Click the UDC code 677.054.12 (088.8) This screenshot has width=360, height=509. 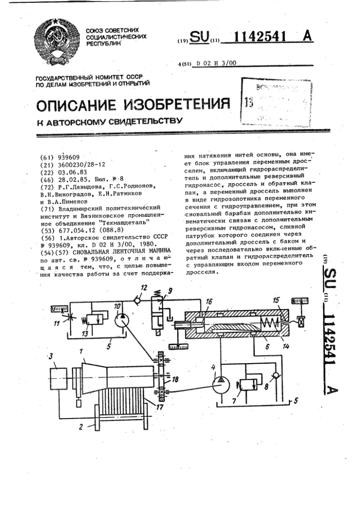(88, 227)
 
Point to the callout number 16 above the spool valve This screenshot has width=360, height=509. (209, 301)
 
